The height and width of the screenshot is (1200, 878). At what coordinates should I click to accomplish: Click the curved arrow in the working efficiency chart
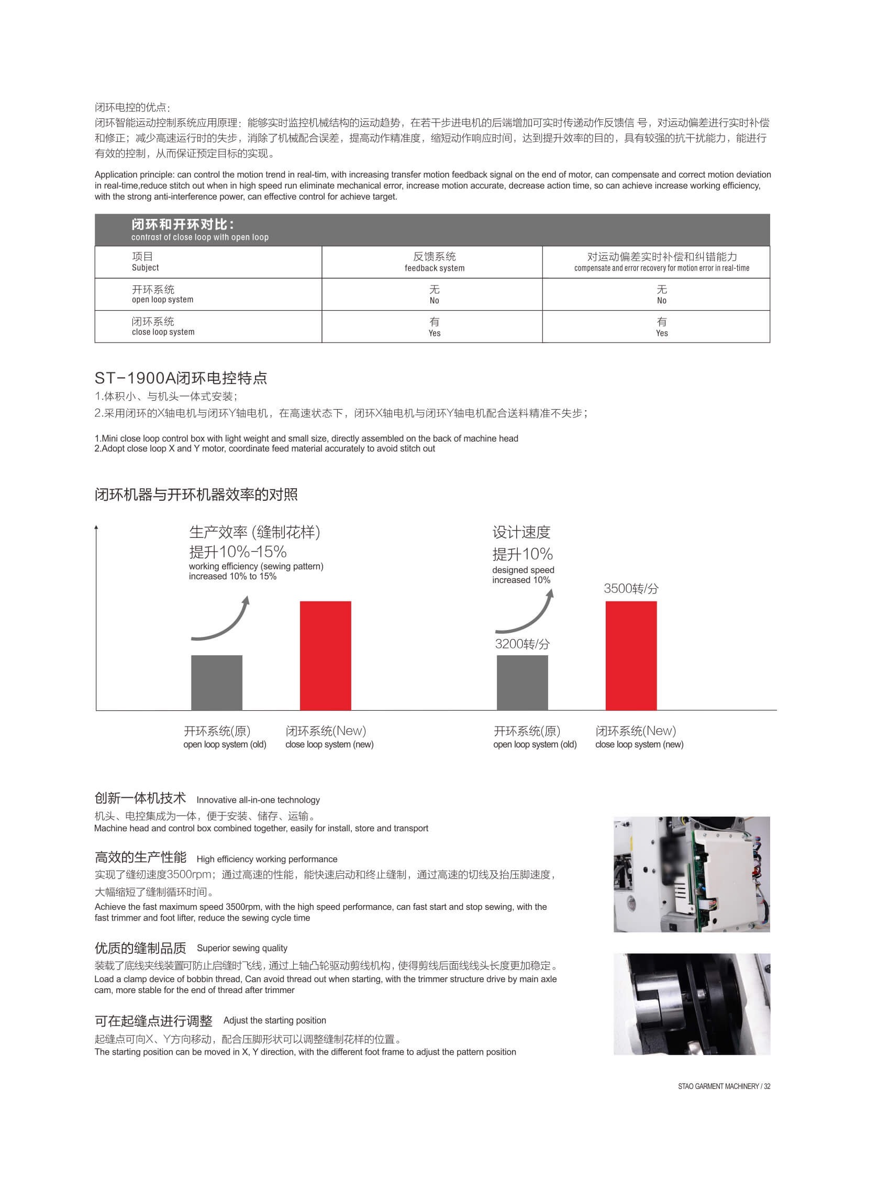pos(220,620)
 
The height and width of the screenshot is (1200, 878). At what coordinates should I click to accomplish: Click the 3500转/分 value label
pos(631,589)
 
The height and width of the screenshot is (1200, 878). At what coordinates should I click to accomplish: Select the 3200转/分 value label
pos(522,644)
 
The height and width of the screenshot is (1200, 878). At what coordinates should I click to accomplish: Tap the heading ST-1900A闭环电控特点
pos(181,378)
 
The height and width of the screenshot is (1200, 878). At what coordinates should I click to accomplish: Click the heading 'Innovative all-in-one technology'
pos(258,800)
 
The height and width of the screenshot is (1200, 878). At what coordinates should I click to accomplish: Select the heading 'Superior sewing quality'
pos(242,948)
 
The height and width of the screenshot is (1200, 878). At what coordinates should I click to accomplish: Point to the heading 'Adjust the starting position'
pos(274,1020)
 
